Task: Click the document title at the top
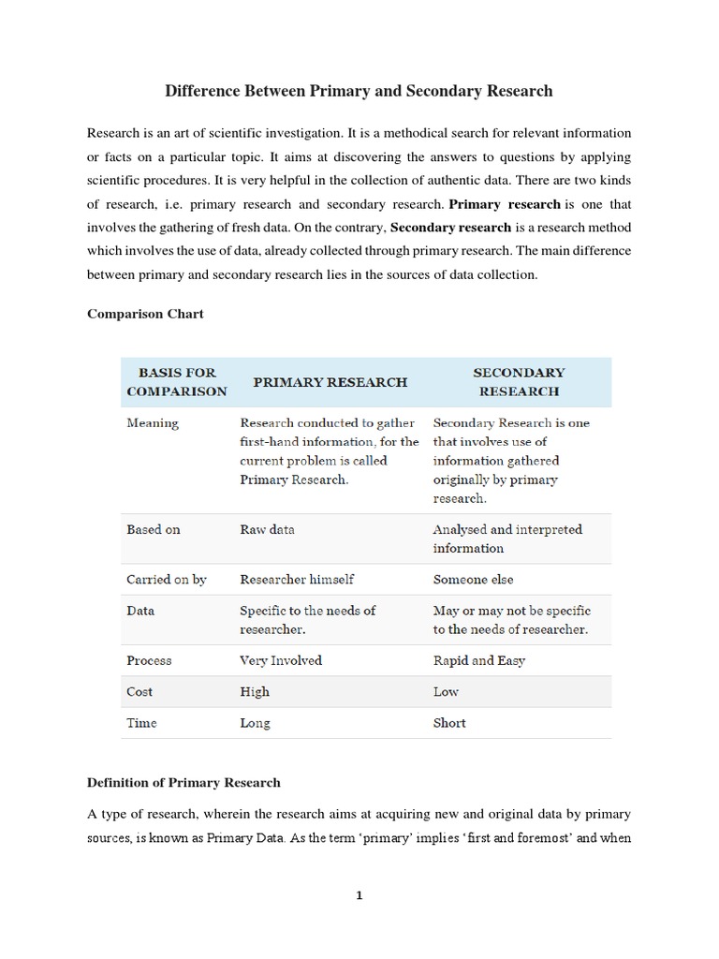pos(359,91)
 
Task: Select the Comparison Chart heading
pos(145,314)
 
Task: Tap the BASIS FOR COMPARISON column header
pos(177,382)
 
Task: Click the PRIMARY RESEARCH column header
pos(330,382)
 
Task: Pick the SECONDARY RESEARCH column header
pos(519,382)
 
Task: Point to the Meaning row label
pos(153,423)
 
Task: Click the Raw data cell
pos(267,529)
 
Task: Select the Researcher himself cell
pos(297,580)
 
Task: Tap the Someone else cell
pos(473,580)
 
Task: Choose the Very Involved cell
pos(281,660)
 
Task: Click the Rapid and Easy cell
pos(478,660)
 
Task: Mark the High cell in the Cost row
pos(255,692)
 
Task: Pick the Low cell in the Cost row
pos(446,692)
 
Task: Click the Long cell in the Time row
pos(255,723)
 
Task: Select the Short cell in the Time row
pos(449,723)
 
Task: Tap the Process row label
pos(149,660)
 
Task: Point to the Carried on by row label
pos(167,580)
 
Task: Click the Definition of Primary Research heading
pos(183,782)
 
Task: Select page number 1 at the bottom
pos(359,895)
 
